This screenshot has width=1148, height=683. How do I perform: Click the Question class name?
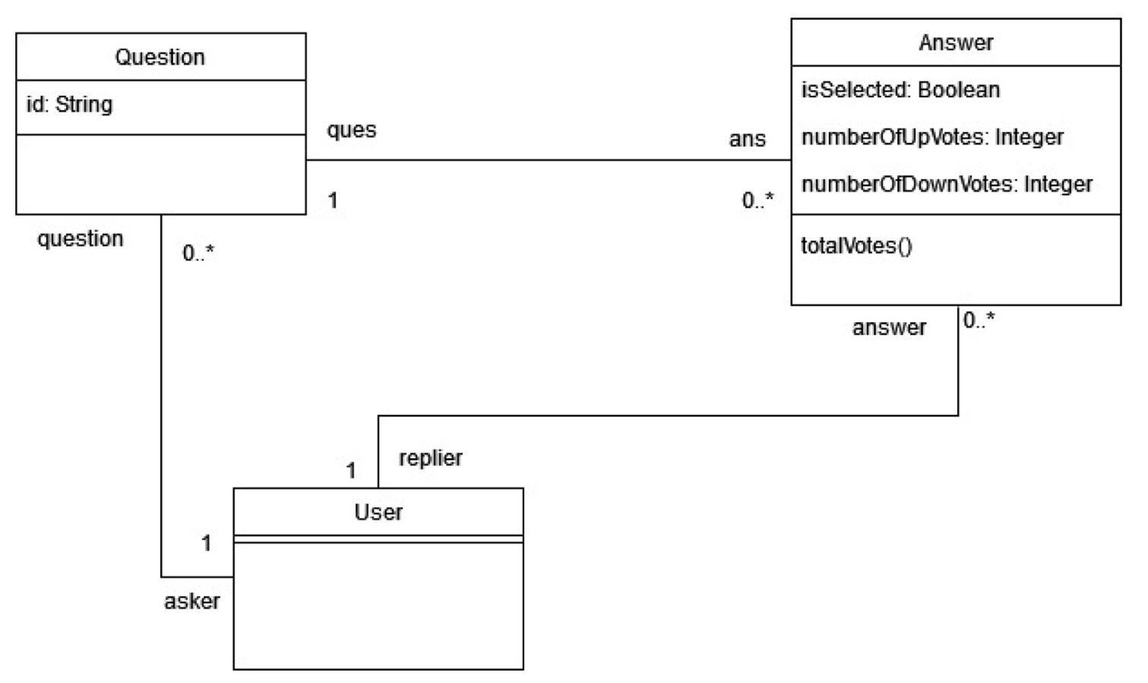tap(160, 57)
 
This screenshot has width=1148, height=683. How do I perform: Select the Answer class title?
tap(955, 43)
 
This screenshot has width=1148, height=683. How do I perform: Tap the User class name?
tap(378, 512)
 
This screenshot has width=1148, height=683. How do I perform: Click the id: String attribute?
tap(69, 104)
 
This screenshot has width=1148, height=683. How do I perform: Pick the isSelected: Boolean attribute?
tap(900, 90)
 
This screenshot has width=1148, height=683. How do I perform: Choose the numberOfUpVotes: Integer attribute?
tap(931, 137)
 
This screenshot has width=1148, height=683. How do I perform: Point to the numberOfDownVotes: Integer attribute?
tap(946, 184)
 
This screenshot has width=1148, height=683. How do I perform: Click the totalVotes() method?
tap(856, 245)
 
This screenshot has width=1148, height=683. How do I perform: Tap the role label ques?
tap(351, 130)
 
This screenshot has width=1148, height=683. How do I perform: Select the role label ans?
tap(747, 139)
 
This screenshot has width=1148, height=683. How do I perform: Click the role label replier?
tap(430, 458)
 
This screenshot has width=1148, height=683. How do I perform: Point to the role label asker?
tap(191, 601)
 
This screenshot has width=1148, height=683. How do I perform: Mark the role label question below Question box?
tap(80, 239)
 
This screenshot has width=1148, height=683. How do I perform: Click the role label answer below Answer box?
tap(889, 327)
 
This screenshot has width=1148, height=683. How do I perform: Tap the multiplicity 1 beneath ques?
tap(333, 201)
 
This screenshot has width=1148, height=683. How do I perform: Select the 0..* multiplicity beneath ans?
tap(757, 201)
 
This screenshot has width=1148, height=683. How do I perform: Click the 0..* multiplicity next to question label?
tap(198, 253)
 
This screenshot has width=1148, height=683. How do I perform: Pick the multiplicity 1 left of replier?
tap(351, 471)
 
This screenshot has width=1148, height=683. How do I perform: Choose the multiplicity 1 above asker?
tap(206, 543)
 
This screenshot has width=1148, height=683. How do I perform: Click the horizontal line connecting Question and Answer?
tap(547, 160)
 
